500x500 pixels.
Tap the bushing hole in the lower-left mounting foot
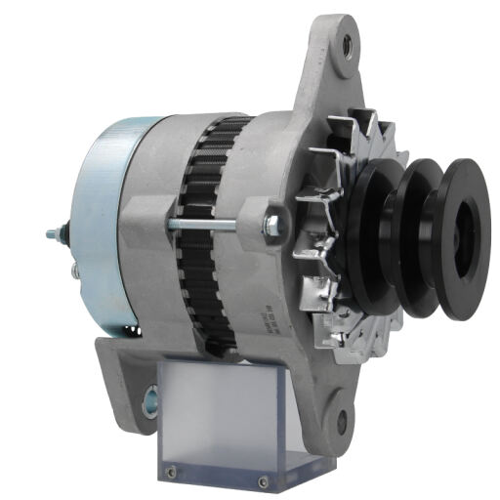pos(152,396)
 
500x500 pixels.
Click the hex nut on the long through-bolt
pos(271,224)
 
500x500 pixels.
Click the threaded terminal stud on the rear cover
pos(56,233)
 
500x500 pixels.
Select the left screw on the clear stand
pos(172,474)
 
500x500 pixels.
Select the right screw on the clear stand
pos(263,480)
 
